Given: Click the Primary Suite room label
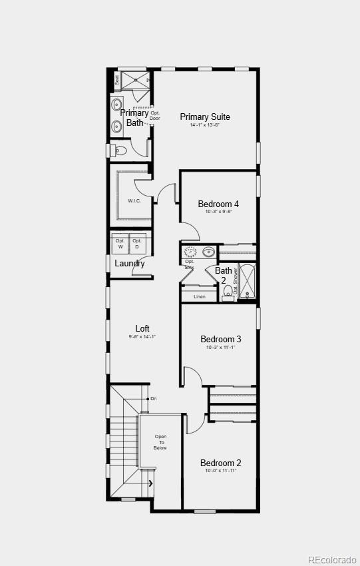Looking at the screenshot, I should pyautogui.click(x=204, y=117).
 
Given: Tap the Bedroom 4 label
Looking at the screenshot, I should pyautogui.click(x=218, y=204).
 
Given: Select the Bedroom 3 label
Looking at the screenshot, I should pyautogui.click(x=220, y=339).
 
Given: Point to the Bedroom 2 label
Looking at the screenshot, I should pyautogui.click(x=220, y=463).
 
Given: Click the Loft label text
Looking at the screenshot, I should pyautogui.click(x=142, y=328).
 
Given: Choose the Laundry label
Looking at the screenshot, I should pyautogui.click(x=129, y=263).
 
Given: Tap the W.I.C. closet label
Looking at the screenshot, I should pyautogui.click(x=134, y=200).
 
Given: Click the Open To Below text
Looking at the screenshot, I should pyautogui.click(x=160, y=442).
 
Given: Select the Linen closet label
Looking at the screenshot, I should pyautogui.click(x=199, y=296).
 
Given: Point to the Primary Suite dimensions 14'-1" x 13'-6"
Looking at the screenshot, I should pyautogui.click(x=204, y=125).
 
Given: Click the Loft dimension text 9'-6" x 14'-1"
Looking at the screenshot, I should pyautogui.click(x=142, y=337).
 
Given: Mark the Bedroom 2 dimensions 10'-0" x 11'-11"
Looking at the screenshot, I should pyautogui.click(x=220, y=471).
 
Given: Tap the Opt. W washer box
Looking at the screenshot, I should pyautogui.click(x=120, y=244).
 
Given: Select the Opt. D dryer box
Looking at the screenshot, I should pyautogui.click(x=137, y=244).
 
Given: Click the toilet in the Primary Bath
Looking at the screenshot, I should pyautogui.click(x=120, y=150).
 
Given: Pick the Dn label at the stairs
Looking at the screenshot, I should pyautogui.click(x=153, y=399).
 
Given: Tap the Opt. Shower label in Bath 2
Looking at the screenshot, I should pyautogui.click(x=236, y=282).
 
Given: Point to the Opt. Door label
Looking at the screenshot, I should pyautogui.click(x=154, y=116).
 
